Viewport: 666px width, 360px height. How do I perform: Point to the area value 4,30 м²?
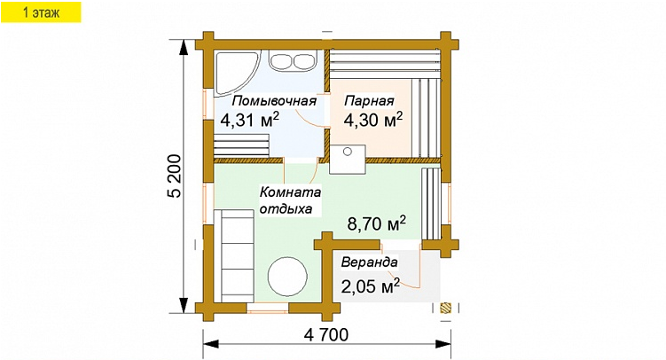coord(372,120)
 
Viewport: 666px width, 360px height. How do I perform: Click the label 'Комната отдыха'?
coord(286,200)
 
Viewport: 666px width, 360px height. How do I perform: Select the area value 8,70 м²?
coord(376,223)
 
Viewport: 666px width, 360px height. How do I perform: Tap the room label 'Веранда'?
coord(369,262)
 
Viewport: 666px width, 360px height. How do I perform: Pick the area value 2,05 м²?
coord(370,286)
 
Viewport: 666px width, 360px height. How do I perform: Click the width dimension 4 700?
coord(325,335)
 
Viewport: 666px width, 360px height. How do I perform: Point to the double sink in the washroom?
coord(294,61)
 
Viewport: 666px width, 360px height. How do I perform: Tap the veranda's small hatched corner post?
coord(445,308)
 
